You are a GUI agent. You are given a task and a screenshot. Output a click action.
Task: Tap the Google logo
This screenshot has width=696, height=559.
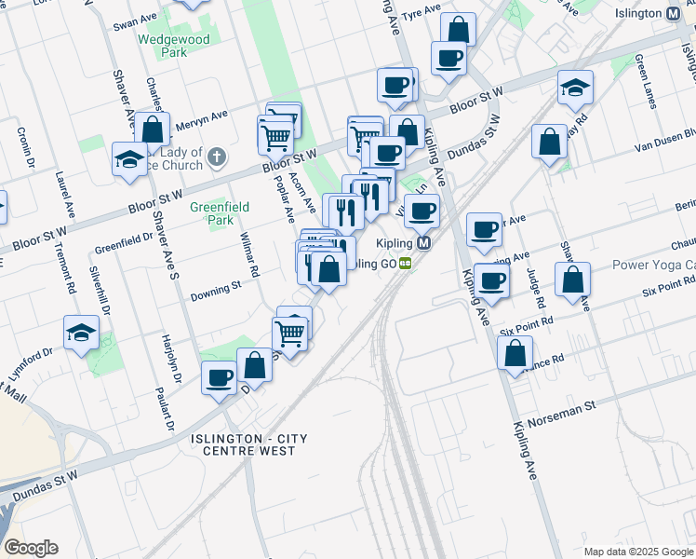(31, 548)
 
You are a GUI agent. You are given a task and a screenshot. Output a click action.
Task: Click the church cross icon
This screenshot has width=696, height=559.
(216, 157)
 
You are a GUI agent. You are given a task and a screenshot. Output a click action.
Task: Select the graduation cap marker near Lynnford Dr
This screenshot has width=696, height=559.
(81, 333)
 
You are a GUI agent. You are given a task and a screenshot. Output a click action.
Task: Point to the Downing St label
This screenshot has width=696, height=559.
(216, 291)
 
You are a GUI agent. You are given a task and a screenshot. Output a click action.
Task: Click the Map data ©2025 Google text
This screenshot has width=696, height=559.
(637, 552)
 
